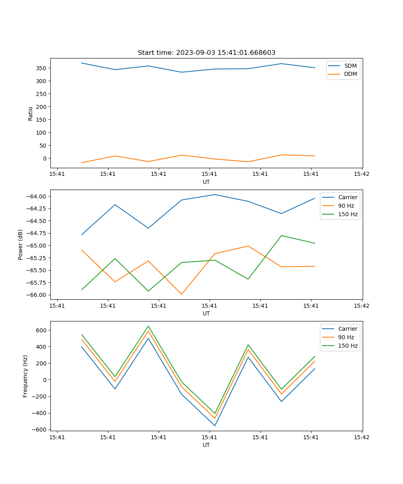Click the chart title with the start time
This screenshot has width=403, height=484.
pyautogui.click(x=206, y=53)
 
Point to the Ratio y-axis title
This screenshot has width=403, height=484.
pyautogui.click(x=31, y=113)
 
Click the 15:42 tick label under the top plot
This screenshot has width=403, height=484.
pyautogui.click(x=361, y=174)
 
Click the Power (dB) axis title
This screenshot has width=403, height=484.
pyautogui.click(x=21, y=244)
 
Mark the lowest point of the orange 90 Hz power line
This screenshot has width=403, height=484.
pyautogui.click(x=181, y=294)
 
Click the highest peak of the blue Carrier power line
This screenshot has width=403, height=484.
pyautogui.click(x=215, y=194)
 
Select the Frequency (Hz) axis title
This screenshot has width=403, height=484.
pyautogui.click(x=25, y=376)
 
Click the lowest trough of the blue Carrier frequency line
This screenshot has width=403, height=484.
pyautogui.click(x=215, y=426)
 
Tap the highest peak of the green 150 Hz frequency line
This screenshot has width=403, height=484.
pyautogui.click(x=148, y=326)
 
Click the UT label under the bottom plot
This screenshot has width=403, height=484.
pyautogui.click(x=206, y=445)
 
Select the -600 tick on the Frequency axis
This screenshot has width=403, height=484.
pyautogui.click(x=40, y=429)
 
